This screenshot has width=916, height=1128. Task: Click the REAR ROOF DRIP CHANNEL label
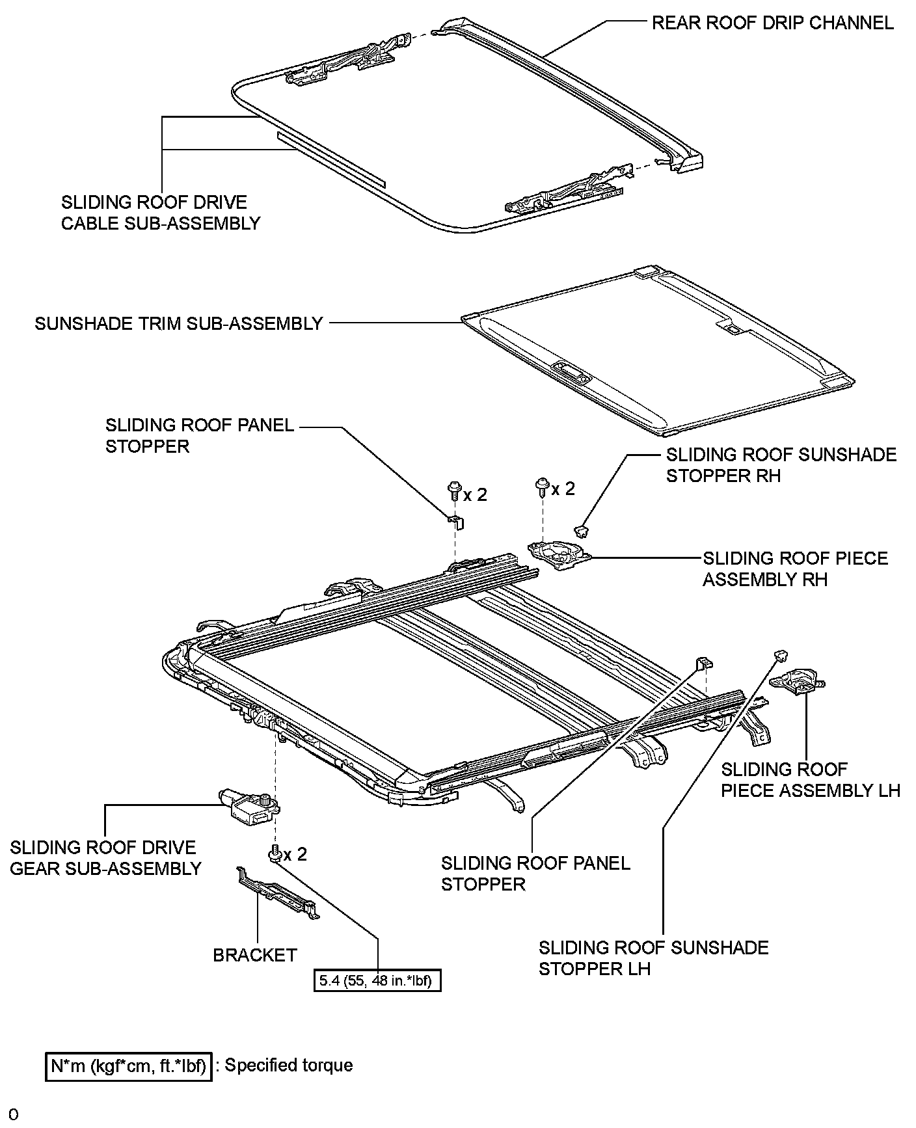tap(772, 23)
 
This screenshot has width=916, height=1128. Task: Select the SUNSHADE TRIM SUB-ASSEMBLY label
tap(179, 323)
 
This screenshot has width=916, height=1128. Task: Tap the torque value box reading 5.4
tap(377, 980)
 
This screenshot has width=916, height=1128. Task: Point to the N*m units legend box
tap(129, 1066)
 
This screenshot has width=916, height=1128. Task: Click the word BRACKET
tap(255, 955)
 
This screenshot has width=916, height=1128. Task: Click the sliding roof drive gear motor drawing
tap(249, 806)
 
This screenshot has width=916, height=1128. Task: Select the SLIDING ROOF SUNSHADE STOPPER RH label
tap(781, 464)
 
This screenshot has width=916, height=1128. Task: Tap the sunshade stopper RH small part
tap(583, 531)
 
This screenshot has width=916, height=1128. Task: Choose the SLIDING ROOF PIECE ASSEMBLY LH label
tap(810, 780)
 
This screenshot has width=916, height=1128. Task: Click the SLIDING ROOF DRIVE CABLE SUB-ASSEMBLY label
tap(160, 213)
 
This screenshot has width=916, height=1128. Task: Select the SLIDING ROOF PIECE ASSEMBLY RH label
tap(795, 569)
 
